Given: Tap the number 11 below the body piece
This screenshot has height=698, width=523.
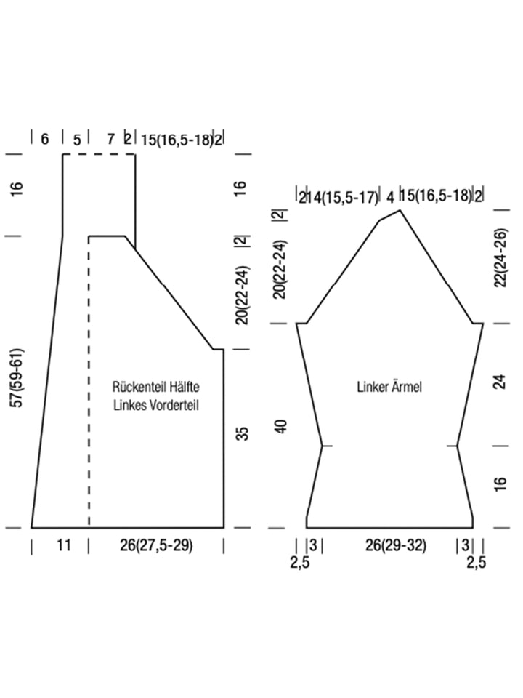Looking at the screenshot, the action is coord(64,545).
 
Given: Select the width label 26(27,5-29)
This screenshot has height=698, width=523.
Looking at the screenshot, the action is coord(157,545).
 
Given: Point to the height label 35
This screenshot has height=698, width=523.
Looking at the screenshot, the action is coord(243,433).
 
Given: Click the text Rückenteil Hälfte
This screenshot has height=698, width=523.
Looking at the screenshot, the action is coord(155,386).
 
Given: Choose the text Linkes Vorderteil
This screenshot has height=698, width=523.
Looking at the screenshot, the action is coord(156,405).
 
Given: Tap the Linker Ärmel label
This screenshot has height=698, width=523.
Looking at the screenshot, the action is coord(389,386).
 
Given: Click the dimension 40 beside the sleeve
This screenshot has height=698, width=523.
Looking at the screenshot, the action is coord(282,426).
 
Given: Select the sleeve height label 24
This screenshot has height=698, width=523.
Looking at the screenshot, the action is coord(500,382).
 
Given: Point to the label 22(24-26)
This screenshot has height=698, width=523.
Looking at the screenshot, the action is coord(500,257).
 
